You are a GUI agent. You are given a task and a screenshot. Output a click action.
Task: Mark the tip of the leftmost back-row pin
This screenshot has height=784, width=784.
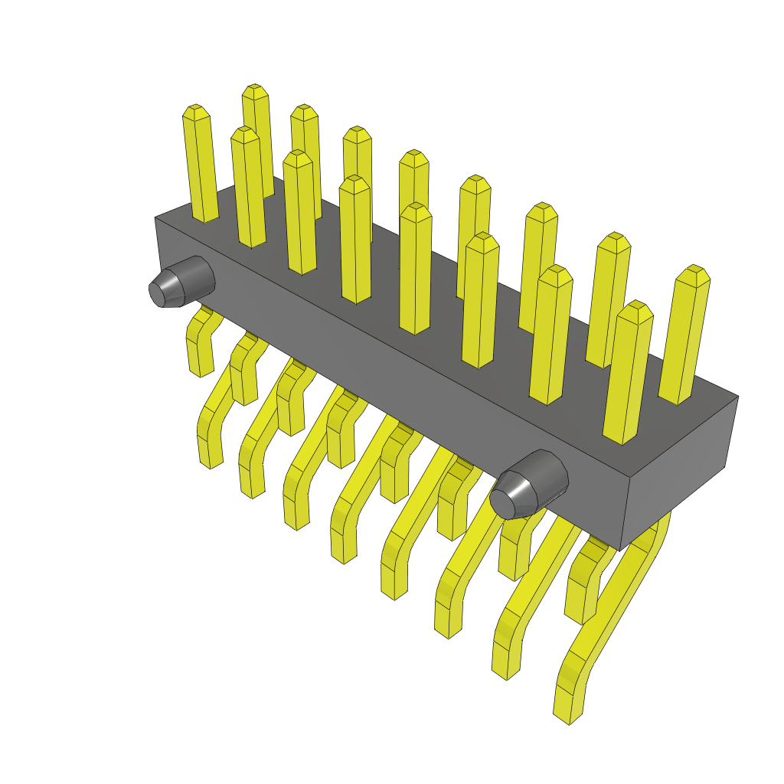click(196, 112)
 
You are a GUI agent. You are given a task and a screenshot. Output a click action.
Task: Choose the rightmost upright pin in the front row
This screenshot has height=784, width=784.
click(629, 375)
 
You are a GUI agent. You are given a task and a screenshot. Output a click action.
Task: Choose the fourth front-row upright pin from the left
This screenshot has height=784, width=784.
click(415, 268)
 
